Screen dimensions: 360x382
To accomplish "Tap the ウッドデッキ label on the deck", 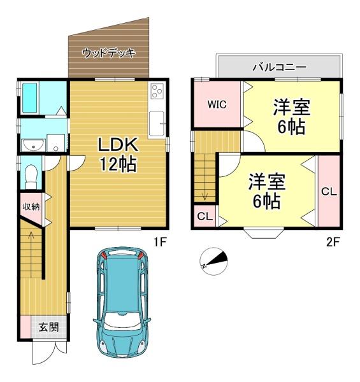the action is pos(109,53).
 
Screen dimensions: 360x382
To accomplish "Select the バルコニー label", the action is pos(279,67).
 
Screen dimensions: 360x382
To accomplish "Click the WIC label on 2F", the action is pos(217,104).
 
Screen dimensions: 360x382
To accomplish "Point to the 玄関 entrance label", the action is pos(49,327).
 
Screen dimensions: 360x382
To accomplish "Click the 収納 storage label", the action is pos(31,207).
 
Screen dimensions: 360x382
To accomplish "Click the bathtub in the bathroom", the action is pos(29,98).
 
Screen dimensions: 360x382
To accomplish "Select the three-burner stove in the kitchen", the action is pos(157,91).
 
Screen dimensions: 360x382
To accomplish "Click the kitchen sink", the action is pos(157,124).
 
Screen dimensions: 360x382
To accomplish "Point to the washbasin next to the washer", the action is pos(33,145).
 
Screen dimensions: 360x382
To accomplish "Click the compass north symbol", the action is pos(213,262).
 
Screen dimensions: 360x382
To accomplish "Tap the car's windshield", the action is pos(122,320).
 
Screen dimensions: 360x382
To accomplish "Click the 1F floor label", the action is pos(160,242).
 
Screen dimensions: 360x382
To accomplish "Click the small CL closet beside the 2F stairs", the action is pos(205,216).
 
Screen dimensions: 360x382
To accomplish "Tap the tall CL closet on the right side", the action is pos(329,191).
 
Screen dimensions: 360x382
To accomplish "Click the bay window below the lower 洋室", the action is pos(264,233).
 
